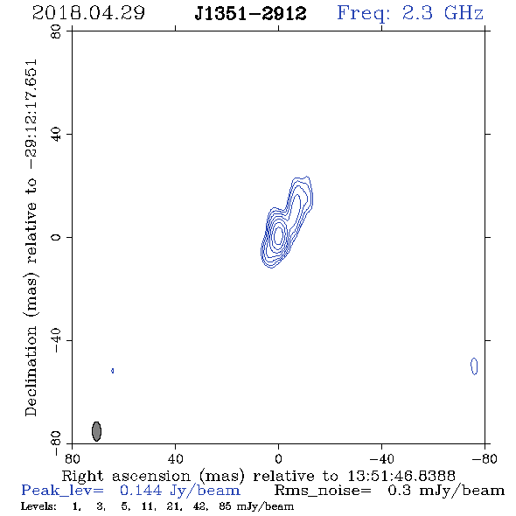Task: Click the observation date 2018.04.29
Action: click(88, 13)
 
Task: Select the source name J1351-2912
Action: click(250, 14)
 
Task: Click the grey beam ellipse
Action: click(96, 431)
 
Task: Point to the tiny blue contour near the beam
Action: click(113, 371)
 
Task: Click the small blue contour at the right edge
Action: click(474, 366)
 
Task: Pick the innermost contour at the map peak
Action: click(278, 235)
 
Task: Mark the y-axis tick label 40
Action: click(56, 135)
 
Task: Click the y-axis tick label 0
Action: click(56, 237)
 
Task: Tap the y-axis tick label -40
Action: click(56, 340)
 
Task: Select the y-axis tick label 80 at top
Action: click(56, 31)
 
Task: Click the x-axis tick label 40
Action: click(175, 458)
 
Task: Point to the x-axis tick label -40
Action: click(381, 458)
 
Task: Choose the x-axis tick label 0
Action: click(278, 458)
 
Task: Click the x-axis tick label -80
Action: click(485, 458)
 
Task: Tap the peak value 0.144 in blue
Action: click(141, 491)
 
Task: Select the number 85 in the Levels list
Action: click(225, 506)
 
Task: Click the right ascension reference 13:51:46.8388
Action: click(401, 476)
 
